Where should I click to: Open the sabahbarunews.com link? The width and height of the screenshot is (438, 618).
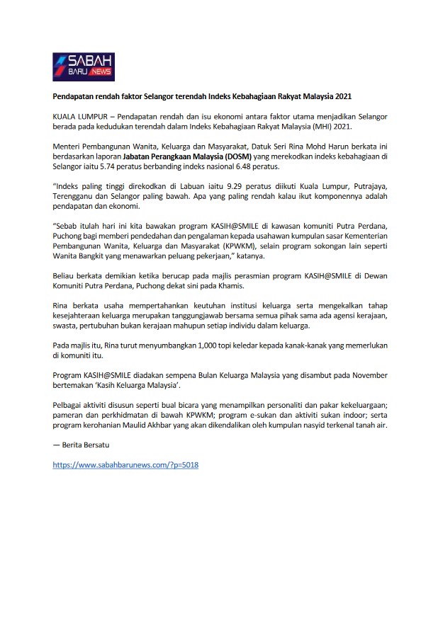point(125,465)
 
